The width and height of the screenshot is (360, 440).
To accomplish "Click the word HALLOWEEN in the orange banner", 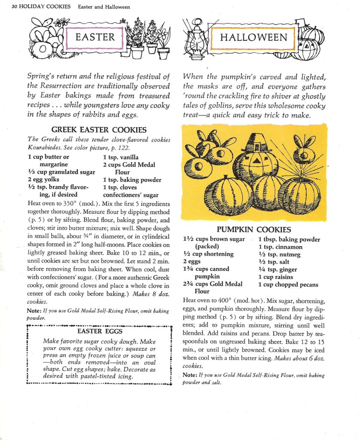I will point(253,37).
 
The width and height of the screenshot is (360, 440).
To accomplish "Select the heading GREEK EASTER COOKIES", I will point(99,130).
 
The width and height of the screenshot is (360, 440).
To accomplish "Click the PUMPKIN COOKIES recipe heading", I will point(254,230).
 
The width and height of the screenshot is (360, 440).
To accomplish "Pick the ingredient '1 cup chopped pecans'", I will point(288,284).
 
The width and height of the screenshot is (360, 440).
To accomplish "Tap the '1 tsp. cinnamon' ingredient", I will point(280,247).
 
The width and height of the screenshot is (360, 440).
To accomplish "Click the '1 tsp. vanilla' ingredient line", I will point(120,157).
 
